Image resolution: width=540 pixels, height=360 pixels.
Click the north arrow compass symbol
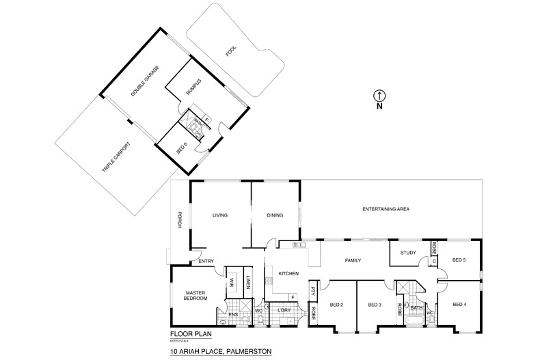[381, 96]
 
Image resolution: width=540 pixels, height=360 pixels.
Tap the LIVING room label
[219, 215]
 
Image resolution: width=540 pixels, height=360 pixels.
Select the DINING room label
[275, 215]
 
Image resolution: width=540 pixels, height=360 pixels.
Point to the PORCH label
[179, 219]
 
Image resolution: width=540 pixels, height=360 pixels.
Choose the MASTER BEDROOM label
[196, 296]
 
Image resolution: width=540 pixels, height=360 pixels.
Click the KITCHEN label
[288, 274]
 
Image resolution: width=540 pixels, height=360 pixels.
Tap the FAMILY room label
[353, 260]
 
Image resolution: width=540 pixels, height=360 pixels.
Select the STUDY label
[409, 253]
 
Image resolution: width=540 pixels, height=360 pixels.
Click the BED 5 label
[459, 260]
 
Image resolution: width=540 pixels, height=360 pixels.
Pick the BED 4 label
[459, 304]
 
